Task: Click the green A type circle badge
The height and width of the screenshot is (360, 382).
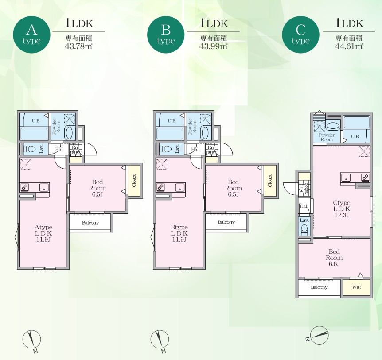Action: (31, 35)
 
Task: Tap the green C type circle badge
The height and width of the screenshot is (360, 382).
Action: (300, 35)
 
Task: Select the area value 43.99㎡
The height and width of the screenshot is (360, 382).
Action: (214, 46)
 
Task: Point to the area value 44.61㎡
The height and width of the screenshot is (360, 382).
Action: (349, 46)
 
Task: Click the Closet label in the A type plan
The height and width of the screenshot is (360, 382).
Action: (134, 181)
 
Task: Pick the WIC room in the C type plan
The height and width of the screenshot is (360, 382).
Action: (356, 287)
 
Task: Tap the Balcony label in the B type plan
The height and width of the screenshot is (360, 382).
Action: (226, 222)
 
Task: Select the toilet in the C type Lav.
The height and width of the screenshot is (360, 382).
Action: (304, 229)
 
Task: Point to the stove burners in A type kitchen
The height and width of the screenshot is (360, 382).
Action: (24, 187)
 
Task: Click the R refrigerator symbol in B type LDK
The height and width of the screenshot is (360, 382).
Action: (162, 164)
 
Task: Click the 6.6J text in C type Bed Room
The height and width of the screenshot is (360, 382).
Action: (334, 264)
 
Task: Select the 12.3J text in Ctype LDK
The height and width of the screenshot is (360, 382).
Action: (342, 215)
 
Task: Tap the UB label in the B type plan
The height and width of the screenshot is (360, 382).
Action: (172, 121)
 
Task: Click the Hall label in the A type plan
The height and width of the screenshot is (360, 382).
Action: (59, 149)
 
